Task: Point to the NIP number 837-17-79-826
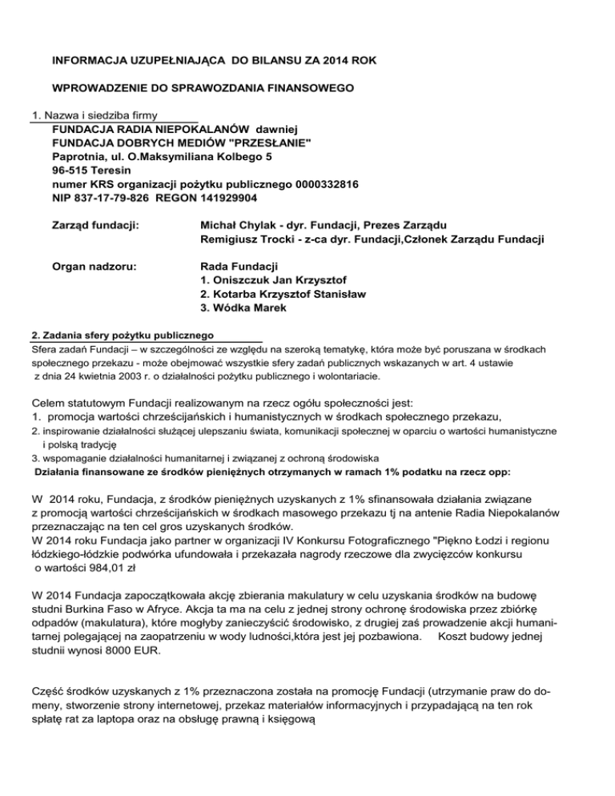click(x=115, y=199)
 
